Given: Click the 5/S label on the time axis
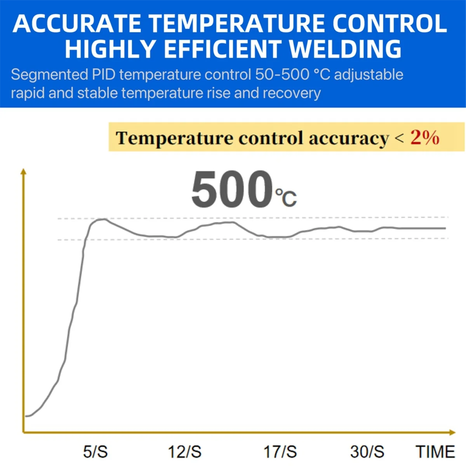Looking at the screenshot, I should click(x=96, y=452).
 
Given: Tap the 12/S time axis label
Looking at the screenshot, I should click(x=184, y=452).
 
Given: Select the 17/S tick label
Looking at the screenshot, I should click(x=280, y=452).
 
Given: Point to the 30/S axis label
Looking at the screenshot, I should click(x=367, y=452).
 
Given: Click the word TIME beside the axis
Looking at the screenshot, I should click(x=435, y=452).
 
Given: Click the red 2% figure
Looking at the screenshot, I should click(x=425, y=138).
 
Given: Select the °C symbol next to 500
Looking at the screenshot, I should click(x=286, y=197).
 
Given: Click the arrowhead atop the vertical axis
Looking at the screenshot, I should click(x=24, y=172).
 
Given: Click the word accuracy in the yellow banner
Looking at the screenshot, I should click(x=349, y=138).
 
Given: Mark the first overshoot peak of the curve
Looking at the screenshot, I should click(x=103, y=219).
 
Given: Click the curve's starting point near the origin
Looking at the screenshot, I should click(x=26, y=416).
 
